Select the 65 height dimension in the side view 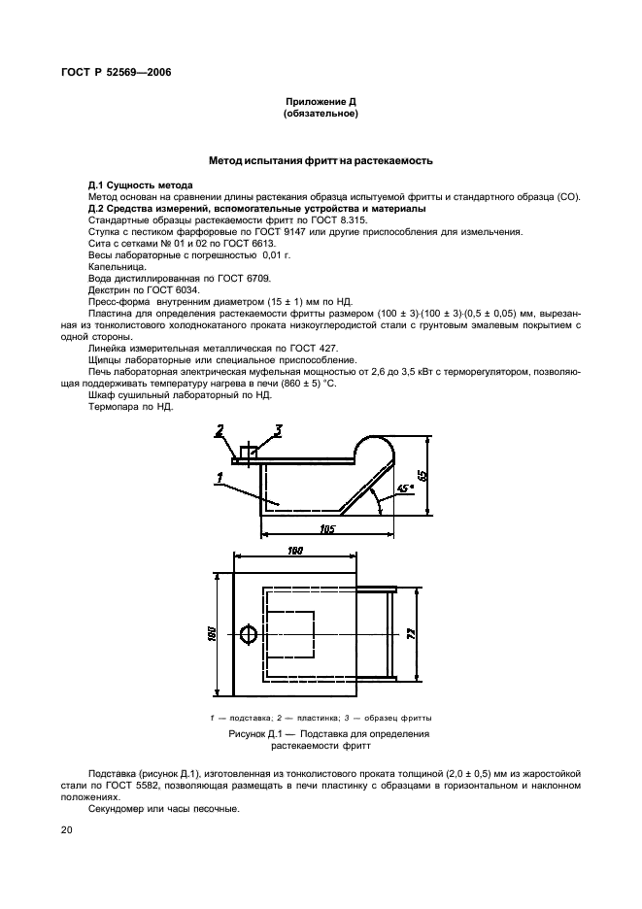click(x=421, y=475)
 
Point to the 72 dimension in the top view click(x=412, y=633)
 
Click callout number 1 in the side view click(x=220, y=476)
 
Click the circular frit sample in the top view click(x=248, y=634)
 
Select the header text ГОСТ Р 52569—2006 click(x=110, y=73)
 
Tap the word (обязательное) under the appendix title click(x=321, y=114)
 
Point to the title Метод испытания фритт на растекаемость click(x=321, y=160)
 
